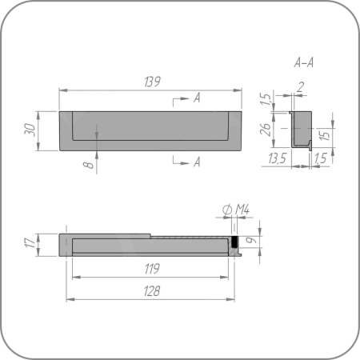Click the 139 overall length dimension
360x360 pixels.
pos(153,82)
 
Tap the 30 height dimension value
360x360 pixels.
pos(30,130)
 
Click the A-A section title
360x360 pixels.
pos(304,62)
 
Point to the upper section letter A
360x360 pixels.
pos(197,98)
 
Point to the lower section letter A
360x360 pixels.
pos(197,162)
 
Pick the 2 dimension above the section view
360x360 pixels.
pos(300,87)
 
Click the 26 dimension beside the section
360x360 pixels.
pos(266,130)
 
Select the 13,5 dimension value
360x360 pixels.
pos(278,158)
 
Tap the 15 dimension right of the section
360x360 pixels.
pos(325,135)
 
